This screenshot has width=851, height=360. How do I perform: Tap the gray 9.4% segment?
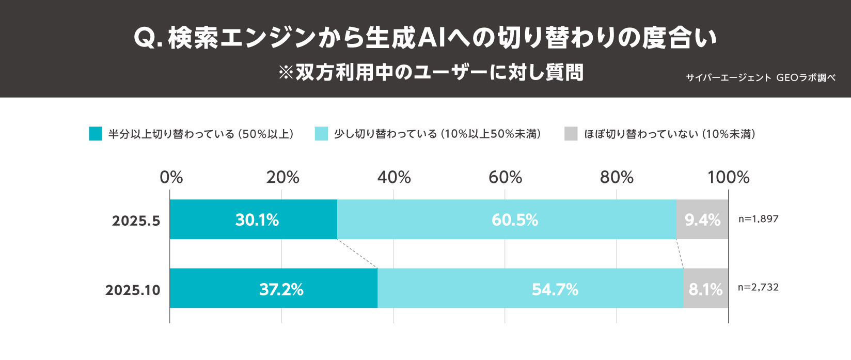[x=702, y=220]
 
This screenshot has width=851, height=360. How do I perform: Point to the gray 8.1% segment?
[x=705, y=288]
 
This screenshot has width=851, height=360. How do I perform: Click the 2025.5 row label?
[x=136, y=221]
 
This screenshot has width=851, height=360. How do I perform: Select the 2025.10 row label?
[x=133, y=290]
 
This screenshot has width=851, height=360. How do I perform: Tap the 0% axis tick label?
[x=171, y=178]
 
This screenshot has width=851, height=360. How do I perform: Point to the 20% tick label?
[x=282, y=178]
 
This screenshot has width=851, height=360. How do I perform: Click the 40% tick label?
[x=394, y=178]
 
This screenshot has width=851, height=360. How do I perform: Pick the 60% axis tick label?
[x=505, y=178]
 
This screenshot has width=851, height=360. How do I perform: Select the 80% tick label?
[x=617, y=178]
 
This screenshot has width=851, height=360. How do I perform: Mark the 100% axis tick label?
[x=728, y=178]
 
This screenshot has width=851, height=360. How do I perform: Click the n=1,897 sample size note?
[x=758, y=219]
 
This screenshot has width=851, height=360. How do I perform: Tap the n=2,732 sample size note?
[x=758, y=287]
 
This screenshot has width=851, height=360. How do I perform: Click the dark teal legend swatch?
[x=96, y=134]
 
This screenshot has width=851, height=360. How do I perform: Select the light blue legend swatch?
[x=321, y=134]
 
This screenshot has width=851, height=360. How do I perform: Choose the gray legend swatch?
[x=571, y=134]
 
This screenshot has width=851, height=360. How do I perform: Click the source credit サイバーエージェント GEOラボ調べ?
[x=760, y=77]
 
